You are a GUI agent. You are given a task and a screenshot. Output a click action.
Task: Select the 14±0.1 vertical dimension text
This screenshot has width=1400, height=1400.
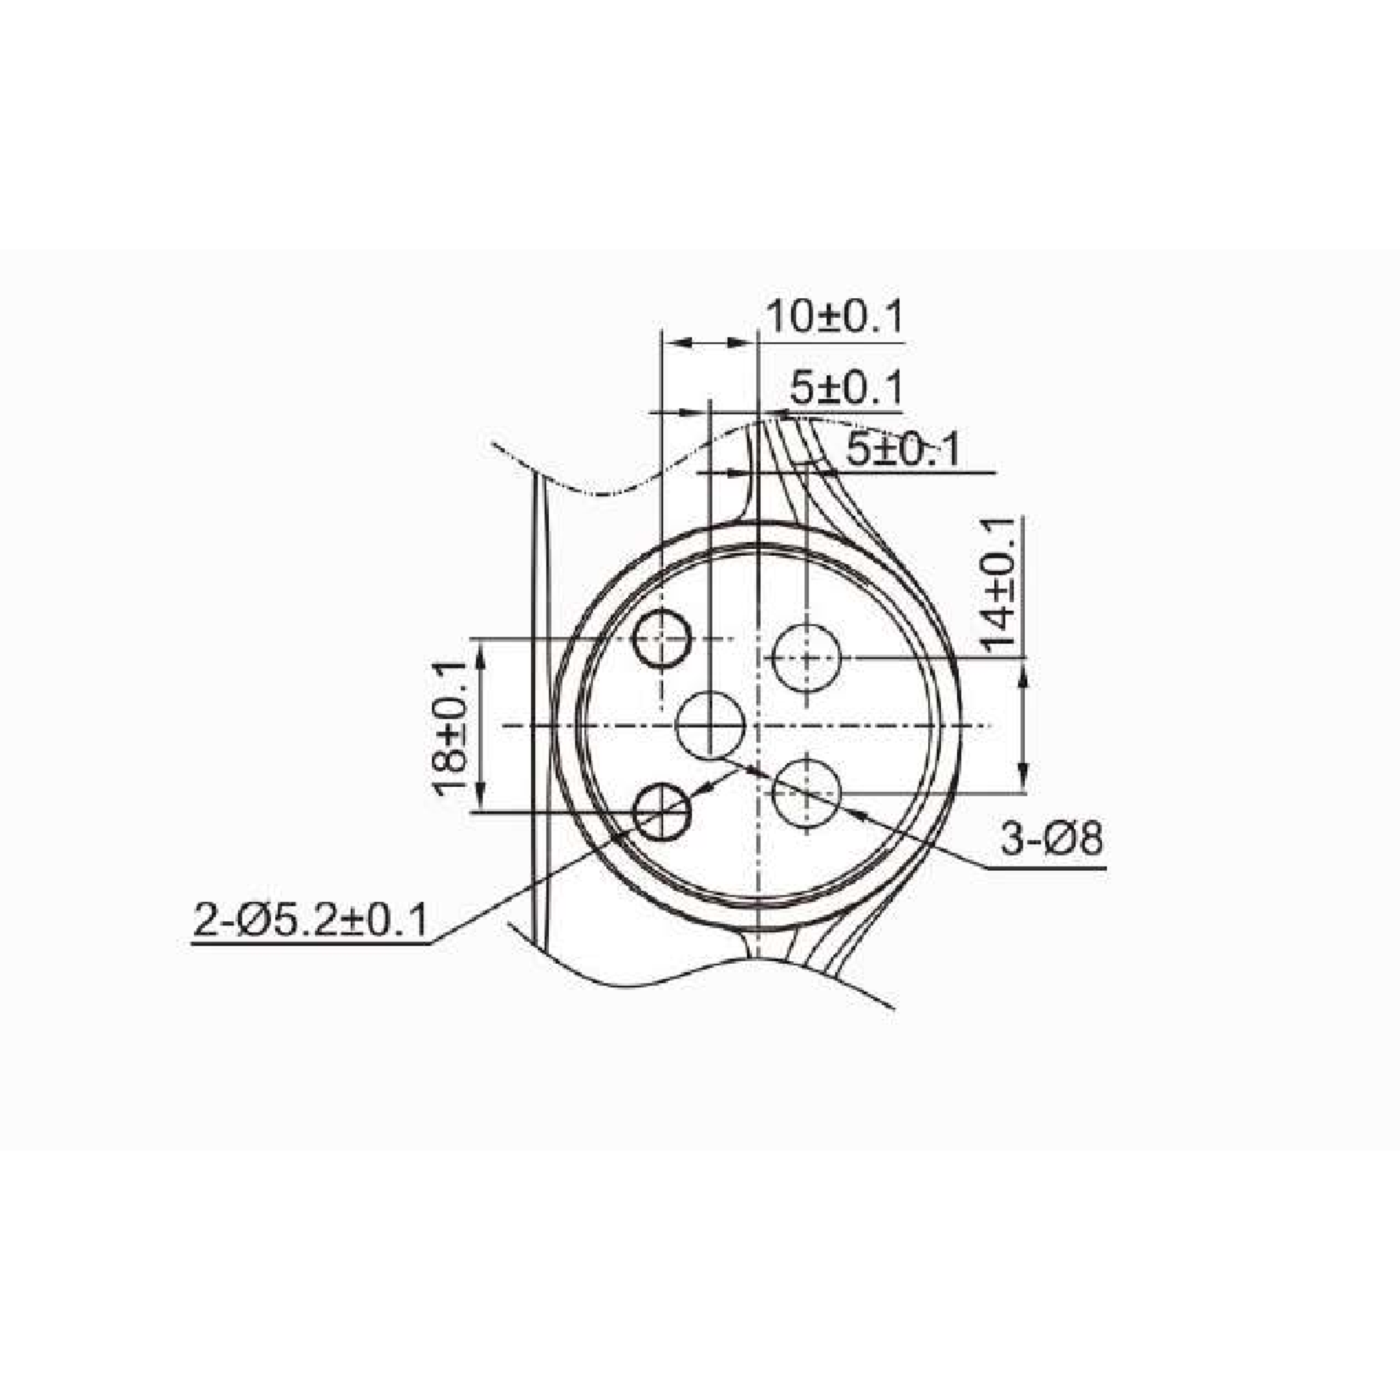[1001, 585]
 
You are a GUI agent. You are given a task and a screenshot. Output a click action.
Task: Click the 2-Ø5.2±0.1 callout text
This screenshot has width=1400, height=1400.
[311, 920]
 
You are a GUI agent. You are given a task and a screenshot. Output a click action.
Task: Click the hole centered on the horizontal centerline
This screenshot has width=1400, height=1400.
[710, 725]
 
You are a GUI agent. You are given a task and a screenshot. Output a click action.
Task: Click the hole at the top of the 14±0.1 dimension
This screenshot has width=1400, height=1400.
[806, 658]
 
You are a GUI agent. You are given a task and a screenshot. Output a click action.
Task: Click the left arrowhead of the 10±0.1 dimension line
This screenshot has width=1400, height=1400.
[674, 343]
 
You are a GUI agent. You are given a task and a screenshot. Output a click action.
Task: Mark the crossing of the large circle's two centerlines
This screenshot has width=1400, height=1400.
[757, 725]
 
